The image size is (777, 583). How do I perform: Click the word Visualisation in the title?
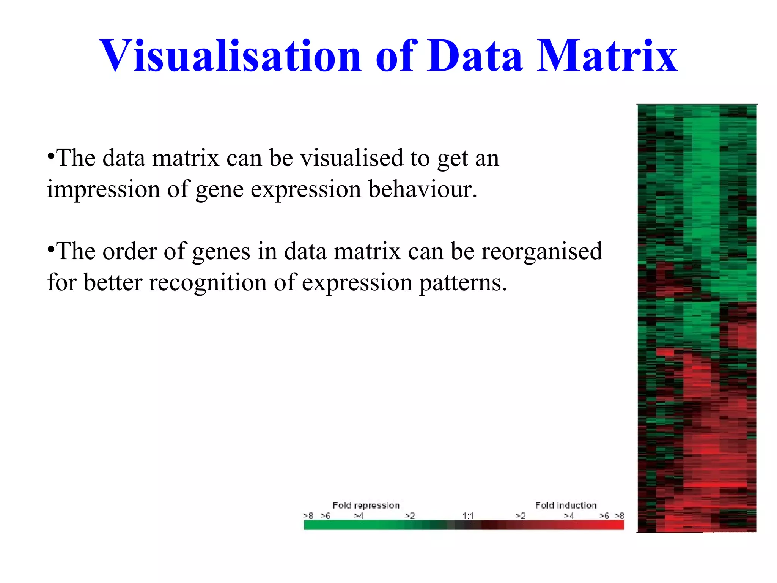[231, 56]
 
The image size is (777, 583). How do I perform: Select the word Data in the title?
[475, 56]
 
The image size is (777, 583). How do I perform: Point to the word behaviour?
[422, 189]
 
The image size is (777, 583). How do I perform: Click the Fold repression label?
[366, 506]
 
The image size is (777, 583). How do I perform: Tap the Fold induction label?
[566, 506]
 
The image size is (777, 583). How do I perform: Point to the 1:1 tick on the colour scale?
[468, 516]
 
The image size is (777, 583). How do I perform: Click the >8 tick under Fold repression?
[308, 516]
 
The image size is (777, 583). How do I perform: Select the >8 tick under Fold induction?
[620, 516]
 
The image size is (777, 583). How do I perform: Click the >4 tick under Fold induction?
[569, 516]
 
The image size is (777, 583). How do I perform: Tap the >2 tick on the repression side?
[410, 516]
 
